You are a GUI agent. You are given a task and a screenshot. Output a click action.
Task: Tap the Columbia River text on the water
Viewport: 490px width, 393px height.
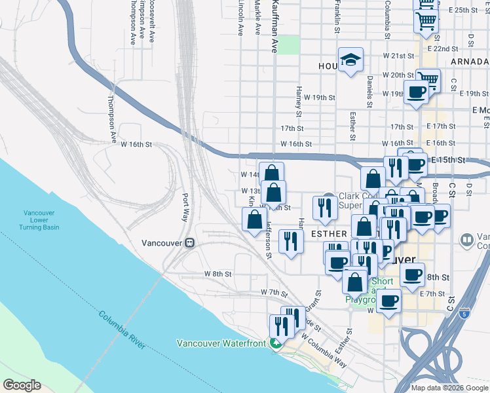(122, 331)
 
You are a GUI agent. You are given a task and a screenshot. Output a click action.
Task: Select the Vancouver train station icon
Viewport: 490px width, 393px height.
(189, 242)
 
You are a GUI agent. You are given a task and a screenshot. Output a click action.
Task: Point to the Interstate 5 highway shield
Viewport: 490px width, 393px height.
(464, 313)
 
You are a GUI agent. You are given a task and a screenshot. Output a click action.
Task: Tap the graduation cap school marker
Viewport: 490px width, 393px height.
(350, 60)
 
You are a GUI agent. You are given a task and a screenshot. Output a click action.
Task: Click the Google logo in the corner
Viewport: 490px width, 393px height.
(22, 385)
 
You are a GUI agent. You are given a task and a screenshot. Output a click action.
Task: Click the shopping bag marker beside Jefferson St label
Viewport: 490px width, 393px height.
(254, 219)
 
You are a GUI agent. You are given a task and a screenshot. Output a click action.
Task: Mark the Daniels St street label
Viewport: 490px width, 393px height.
(369, 91)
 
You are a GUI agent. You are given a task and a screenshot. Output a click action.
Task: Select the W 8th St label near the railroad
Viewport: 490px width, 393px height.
(216, 273)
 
